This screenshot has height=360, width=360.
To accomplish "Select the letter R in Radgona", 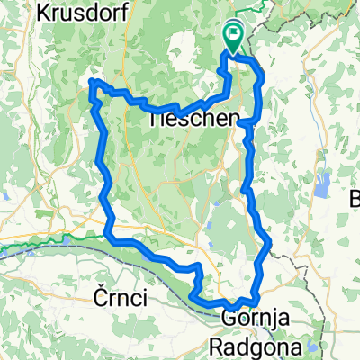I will pyautogui.click(x=217, y=346).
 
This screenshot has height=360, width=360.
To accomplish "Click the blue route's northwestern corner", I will pyautogui.click(x=93, y=84).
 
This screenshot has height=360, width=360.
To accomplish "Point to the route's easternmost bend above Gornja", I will pyautogui.click(x=269, y=244).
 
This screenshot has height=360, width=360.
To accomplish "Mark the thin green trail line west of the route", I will pyautogui.click(x=45, y=240).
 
